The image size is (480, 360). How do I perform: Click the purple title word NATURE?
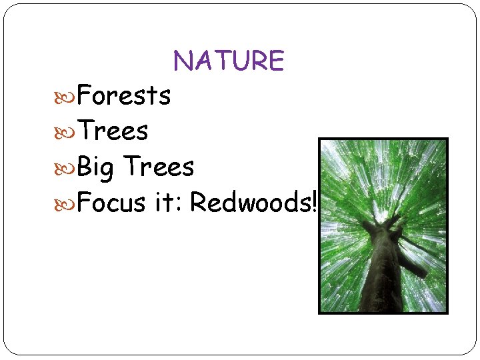click(x=229, y=61)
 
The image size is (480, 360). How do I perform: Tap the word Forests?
click(x=124, y=95)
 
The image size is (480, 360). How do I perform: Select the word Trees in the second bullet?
click(x=113, y=131)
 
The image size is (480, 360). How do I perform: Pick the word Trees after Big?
click(x=159, y=167)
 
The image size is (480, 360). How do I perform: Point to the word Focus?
click(x=111, y=202)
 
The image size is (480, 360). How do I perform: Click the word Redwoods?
click(x=249, y=202)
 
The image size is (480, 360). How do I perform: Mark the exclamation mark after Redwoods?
click(x=313, y=202)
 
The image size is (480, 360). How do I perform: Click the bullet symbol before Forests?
click(x=67, y=96)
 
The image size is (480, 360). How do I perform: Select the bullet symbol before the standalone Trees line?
click(x=67, y=132)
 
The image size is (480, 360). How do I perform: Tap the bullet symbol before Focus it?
click(x=67, y=203)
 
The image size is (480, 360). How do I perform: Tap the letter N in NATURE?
click(x=183, y=61)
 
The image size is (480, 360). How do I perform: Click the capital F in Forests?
click(x=85, y=95)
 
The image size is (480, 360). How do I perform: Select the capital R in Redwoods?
click(x=198, y=202)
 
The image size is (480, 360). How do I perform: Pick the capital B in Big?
click(x=85, y=167)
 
